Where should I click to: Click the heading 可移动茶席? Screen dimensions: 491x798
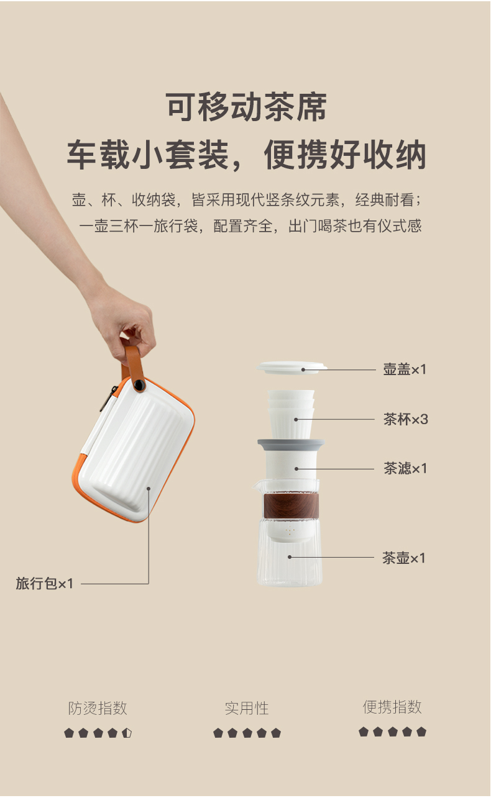(246, 107)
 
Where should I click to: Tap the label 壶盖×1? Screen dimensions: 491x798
(405, 370)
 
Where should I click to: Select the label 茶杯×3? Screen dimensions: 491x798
(405, 419)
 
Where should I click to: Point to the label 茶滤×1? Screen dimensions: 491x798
(405, 468)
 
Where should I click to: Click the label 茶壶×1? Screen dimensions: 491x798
(403, 558)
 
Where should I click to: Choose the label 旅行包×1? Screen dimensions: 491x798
(45, 584)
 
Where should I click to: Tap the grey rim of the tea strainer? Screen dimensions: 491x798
(291, 444)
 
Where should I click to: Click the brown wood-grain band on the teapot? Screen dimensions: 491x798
(291, 506)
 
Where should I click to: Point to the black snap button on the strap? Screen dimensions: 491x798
(139, 385)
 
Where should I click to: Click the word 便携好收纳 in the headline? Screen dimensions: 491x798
(345, 155)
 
